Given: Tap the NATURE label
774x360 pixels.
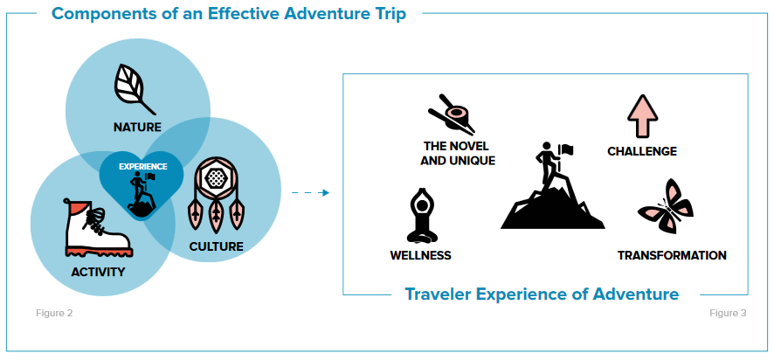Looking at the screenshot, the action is coord(137,128).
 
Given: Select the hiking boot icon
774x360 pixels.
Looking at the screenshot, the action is coord(98,227).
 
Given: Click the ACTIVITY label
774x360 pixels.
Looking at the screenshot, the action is coord(98,272).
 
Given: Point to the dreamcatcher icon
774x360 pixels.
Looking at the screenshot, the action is coord(216,195).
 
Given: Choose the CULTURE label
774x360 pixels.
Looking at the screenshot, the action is coord(216,246).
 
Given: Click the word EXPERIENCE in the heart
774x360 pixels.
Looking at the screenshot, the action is coord(142,167).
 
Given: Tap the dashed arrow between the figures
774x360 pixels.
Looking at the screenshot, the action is coord(310,192).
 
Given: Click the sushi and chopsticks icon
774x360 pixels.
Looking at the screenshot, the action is coord(451,114).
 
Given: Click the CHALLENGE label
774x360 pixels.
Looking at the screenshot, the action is coord(642,151).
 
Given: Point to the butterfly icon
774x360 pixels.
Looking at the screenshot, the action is coord(666,206).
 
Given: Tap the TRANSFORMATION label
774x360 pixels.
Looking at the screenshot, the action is coord(672,255).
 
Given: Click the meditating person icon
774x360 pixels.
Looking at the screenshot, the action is coord(422,216).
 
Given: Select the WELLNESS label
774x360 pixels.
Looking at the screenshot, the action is coord(420,255).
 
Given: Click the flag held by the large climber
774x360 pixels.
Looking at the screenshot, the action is coord(566,149).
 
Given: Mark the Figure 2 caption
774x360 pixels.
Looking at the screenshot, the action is coord(54,313).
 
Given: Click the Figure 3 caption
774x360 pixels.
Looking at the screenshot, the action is coord(728,313).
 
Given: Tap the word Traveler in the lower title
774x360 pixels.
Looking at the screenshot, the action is coord(439,294).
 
